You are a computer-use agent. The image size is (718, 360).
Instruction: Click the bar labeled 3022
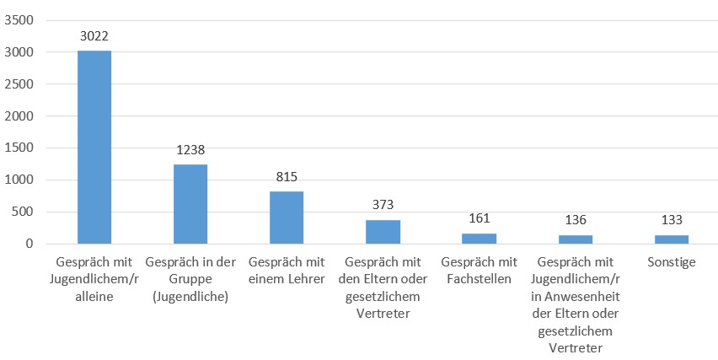(94, 147)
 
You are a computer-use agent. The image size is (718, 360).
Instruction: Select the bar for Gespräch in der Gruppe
(190, 204)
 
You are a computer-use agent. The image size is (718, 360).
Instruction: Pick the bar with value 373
(383, 232)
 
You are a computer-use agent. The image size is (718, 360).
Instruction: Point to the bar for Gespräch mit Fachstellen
(478, 239)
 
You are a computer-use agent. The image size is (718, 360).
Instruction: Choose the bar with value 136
(575, 239)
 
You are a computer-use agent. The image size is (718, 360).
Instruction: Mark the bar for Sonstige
(671, 239)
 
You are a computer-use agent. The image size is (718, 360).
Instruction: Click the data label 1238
(190, 150)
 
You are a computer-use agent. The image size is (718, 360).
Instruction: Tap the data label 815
(287, 177)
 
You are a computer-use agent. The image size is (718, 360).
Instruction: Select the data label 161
(478, 219)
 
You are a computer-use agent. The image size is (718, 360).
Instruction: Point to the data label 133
(671, 221)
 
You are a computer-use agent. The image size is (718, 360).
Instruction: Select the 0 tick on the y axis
(29, 244)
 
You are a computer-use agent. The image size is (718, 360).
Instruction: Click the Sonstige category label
(671, 262)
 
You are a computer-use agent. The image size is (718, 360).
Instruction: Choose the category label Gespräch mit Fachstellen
(478, 270)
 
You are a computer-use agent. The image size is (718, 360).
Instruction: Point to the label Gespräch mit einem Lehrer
(287, 270)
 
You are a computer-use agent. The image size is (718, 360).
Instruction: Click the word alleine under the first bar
(94, 295)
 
